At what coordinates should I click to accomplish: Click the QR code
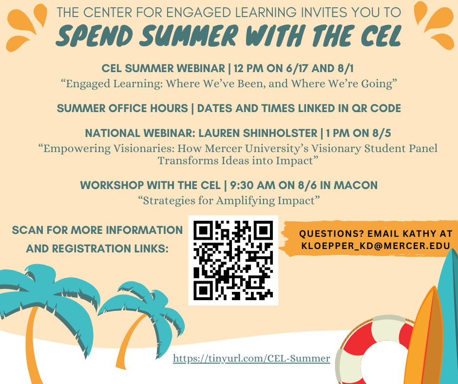233,260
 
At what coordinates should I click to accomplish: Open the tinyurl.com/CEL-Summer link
251,358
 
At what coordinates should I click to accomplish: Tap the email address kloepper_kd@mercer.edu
376,246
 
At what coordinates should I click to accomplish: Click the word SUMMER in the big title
189,36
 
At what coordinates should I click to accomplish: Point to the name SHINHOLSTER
280,133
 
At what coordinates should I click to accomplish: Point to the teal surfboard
448,316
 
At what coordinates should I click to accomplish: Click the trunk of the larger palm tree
32,345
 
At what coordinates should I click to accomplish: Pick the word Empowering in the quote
77,149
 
